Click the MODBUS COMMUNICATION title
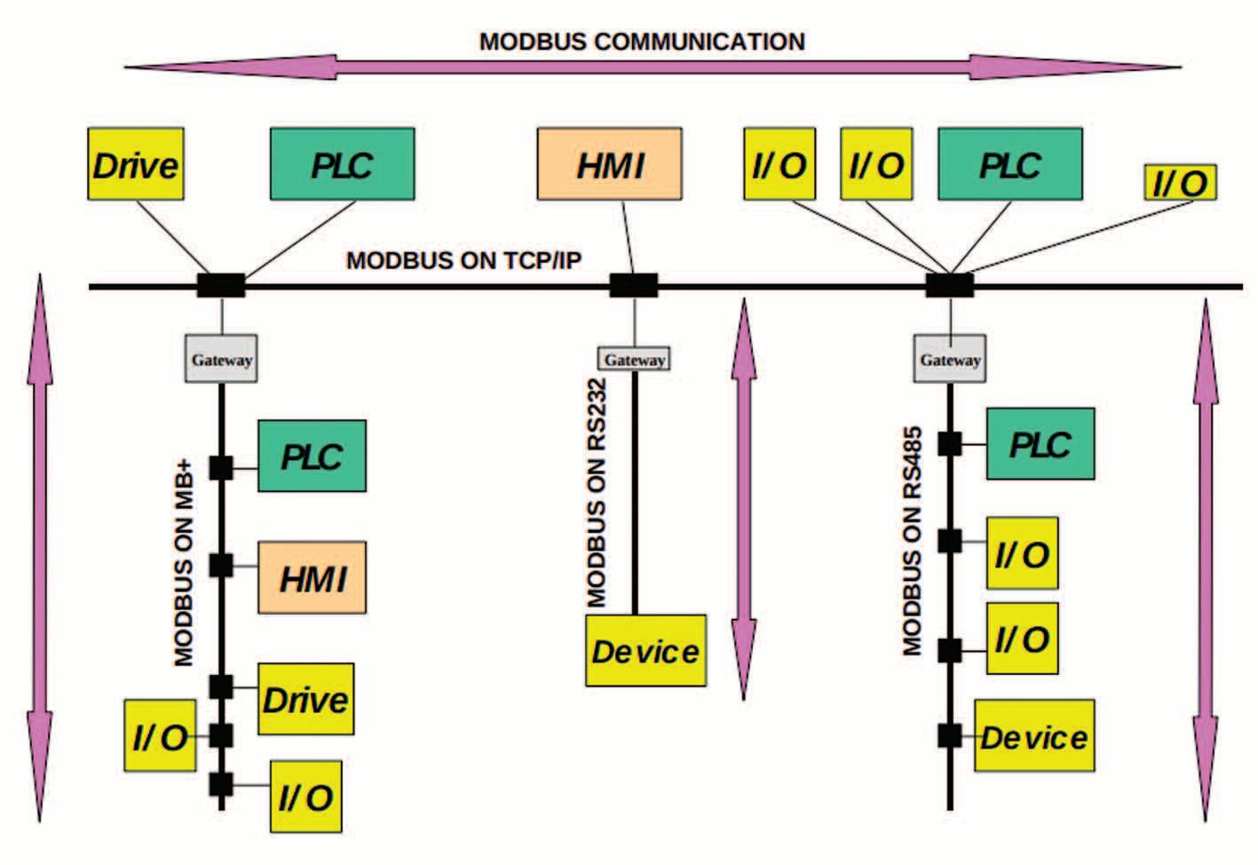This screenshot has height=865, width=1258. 642,42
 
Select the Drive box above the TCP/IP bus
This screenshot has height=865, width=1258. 136,164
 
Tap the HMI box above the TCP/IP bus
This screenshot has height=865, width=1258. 609,164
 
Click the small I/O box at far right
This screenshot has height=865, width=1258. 1181,183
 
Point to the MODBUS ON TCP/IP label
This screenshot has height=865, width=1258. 464,260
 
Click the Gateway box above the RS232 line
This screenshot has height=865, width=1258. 634,359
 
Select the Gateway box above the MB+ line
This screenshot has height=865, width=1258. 221,359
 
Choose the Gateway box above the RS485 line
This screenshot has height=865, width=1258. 950,359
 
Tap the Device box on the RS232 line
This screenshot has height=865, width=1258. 645,650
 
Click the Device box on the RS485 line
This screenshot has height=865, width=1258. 1034,736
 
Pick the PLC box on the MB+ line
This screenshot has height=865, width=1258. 313,456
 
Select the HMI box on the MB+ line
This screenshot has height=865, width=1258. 313,577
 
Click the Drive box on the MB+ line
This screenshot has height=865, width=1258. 306,699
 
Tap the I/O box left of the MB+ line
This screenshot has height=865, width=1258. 160,736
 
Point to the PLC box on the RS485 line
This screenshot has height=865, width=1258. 1040,444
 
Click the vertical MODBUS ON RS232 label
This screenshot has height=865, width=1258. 597,493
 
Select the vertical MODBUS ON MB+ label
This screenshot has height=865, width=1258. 184,563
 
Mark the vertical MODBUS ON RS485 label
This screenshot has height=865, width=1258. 913,542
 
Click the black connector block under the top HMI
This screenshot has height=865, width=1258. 634,285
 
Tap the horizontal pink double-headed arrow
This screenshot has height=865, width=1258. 653,67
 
